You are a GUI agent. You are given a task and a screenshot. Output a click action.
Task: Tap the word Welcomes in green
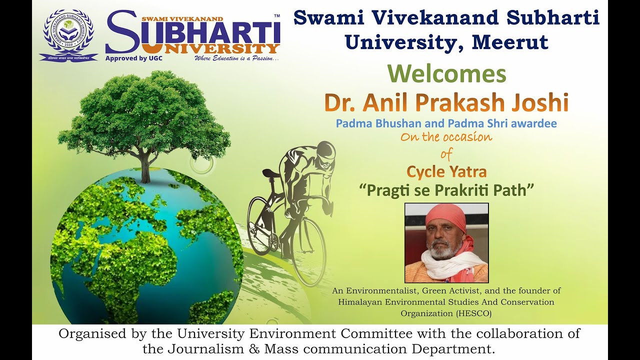(447, 74)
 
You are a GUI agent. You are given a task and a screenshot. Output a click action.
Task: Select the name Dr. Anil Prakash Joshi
(446, 102)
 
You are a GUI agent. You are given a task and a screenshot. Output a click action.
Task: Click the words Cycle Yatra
(446, 172)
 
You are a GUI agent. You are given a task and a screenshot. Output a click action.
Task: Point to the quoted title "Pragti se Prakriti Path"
(447, 190)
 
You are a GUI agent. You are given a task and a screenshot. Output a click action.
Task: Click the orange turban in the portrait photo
(445, 216)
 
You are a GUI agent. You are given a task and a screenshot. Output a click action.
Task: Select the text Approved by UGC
(134, 58)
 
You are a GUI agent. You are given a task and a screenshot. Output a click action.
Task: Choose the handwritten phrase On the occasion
(446, 137)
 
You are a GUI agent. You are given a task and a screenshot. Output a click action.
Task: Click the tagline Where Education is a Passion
(236, 58)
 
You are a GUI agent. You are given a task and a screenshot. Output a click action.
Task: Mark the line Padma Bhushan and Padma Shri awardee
(446, 123)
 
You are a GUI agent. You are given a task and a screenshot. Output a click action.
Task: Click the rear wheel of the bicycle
(261, 226)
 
